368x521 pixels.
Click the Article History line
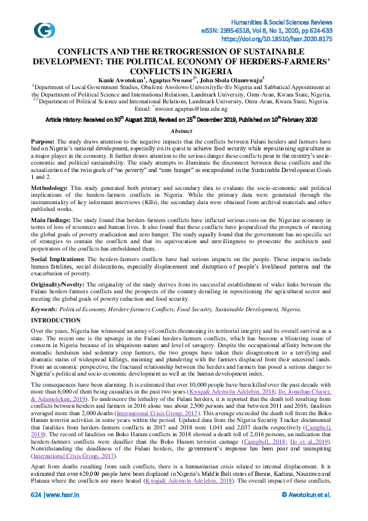tap(184, 120)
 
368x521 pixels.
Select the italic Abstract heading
tap(184, 132)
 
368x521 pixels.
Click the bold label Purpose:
tap(45, 142)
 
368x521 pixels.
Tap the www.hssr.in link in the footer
tap(61, 512)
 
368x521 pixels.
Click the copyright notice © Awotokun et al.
tap(306, 512)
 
